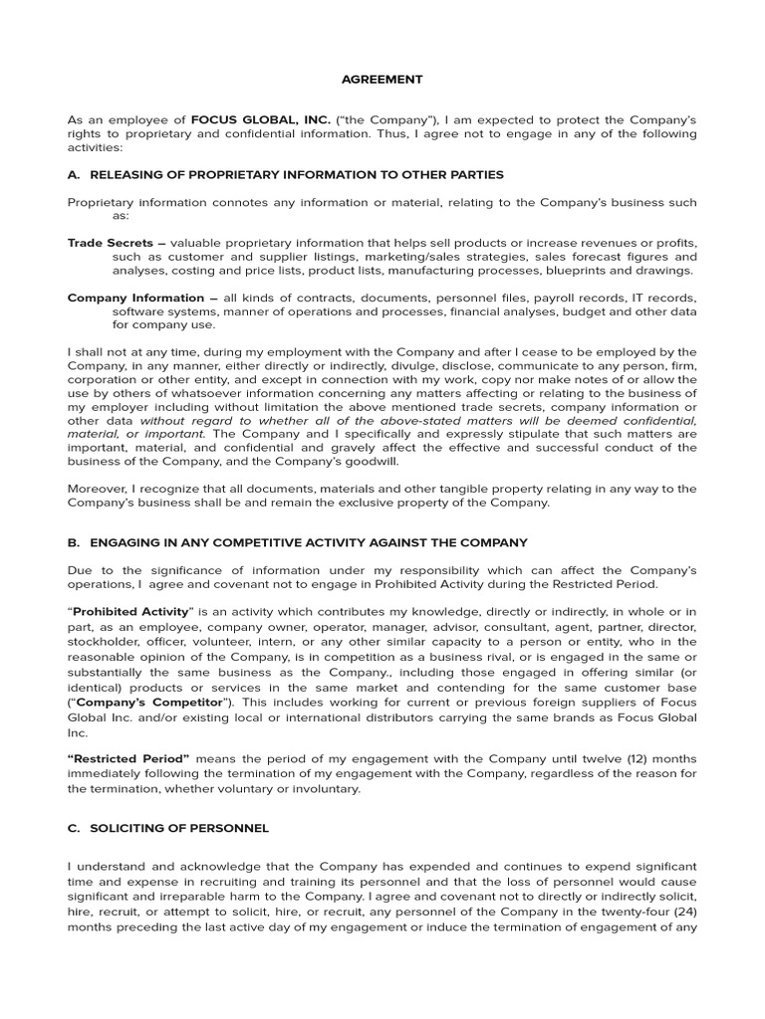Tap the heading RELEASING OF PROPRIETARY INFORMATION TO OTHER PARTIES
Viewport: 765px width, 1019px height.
297,175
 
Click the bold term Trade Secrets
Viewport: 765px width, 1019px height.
103,243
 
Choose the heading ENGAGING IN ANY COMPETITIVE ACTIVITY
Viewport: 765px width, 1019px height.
309,542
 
